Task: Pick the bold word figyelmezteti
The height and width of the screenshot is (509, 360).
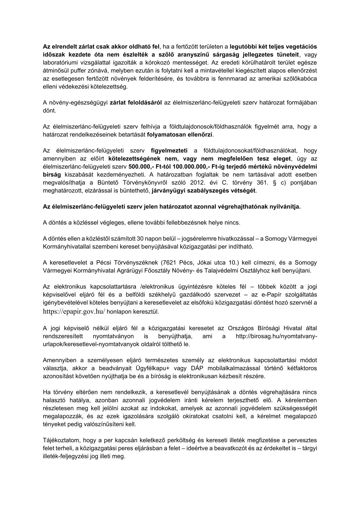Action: pyautogui.click(x=169, y=150)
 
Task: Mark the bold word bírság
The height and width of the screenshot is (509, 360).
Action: pyautogui.click(x=52, y=175)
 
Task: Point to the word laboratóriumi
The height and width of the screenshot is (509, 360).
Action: pyautogui.click(x=60, y=62)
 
